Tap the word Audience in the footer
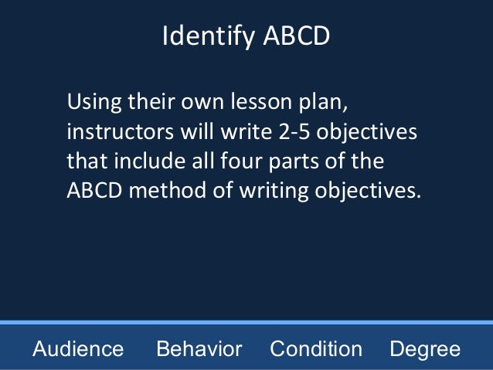tap(78, 349)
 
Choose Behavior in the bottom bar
tap(199, 349)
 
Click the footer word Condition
tap(315, 349)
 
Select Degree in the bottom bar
tap(424, 349)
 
